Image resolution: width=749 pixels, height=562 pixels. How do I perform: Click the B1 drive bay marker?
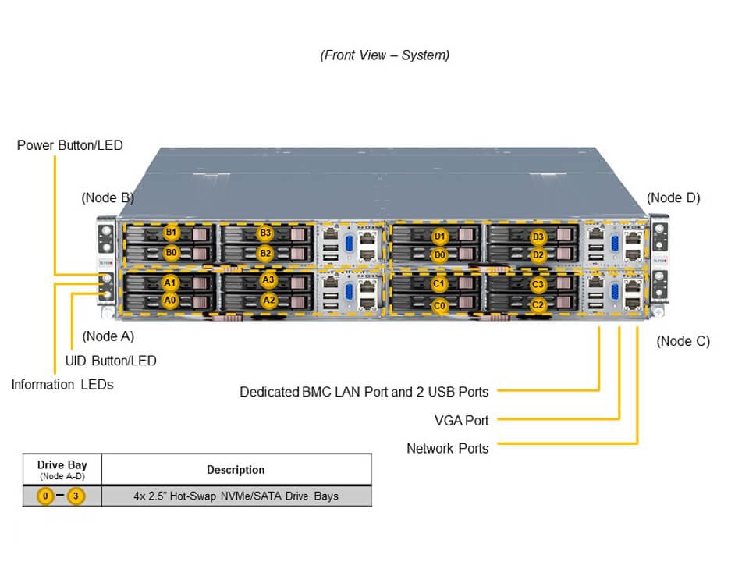pos(171,233)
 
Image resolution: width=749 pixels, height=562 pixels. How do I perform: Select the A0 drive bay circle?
pos(170,300)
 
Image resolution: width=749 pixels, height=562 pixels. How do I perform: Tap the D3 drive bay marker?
pos(538,237)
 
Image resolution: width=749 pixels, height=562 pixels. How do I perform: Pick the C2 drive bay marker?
pos(538,305)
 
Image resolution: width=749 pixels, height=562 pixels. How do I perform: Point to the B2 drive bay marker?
pos(266,253)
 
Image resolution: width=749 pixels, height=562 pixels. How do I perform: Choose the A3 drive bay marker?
pos(268,279)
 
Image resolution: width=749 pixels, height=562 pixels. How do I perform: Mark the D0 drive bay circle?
pos(440,254)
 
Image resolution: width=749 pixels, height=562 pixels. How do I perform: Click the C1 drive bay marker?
pos(439,284)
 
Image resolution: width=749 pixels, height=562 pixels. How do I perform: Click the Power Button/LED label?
pos(69,145)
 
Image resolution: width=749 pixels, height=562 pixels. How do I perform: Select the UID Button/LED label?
pos(110,361)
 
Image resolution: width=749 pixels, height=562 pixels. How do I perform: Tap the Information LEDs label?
pos(62,384)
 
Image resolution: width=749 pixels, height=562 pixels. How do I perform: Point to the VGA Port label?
pos(461,420)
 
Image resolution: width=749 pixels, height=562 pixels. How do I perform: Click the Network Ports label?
pos(447,448)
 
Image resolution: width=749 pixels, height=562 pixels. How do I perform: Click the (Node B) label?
pos(108,197)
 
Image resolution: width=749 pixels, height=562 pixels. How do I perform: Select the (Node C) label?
pos(683,341)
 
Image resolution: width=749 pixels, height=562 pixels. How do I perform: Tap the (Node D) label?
pos(673,197)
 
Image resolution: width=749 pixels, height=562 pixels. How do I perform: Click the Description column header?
pos(236,470)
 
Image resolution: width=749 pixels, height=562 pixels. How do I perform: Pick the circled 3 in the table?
pos(76,496)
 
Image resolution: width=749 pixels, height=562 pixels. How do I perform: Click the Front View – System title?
pos(385,55)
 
